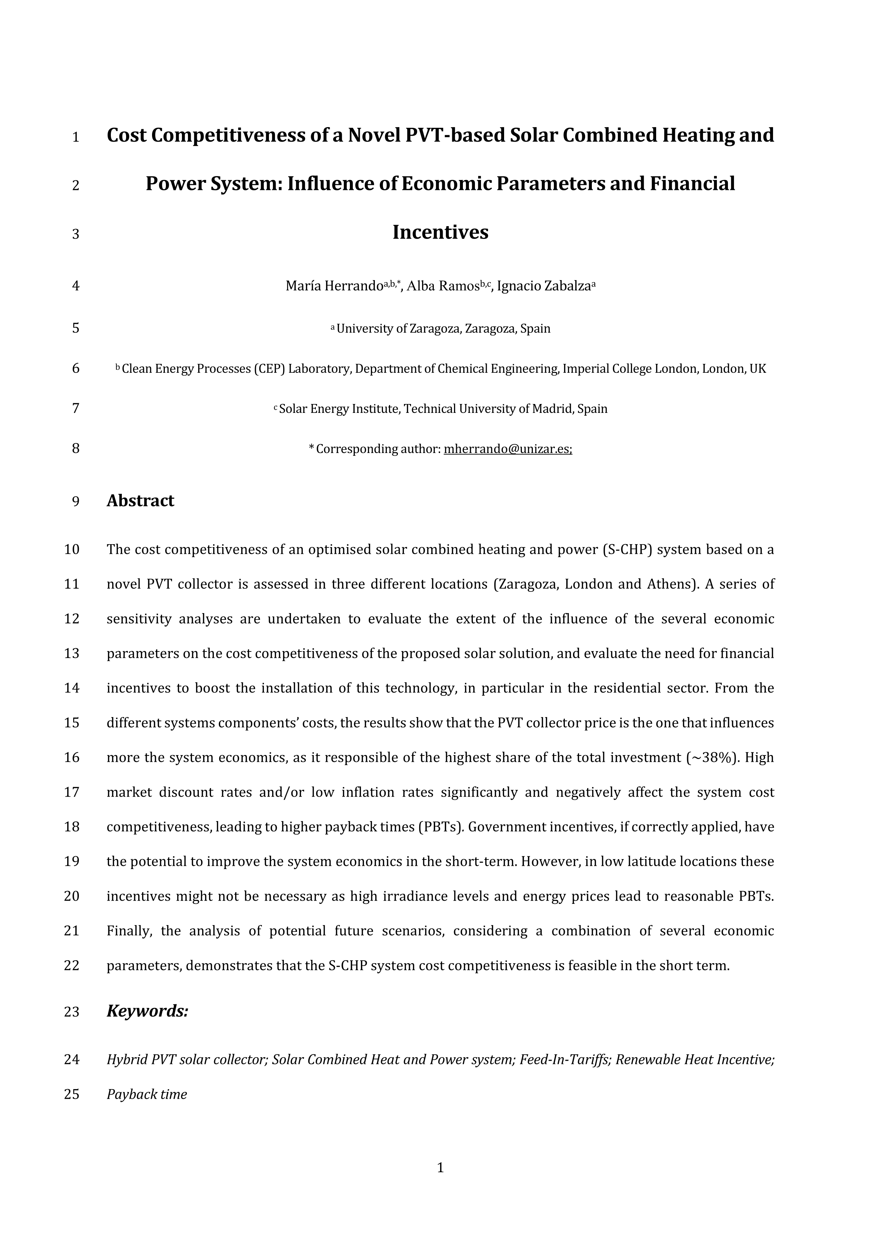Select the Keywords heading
pyautogui.click(x=147, y=1011)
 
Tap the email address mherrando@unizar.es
pyautogui.click(x=508, y=449)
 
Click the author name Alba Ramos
pyautogui.click(x=442, y=286)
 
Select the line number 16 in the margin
pyautogui.click(x=72, y=758)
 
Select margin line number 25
pyautogui.click(x=72, y=1094)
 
